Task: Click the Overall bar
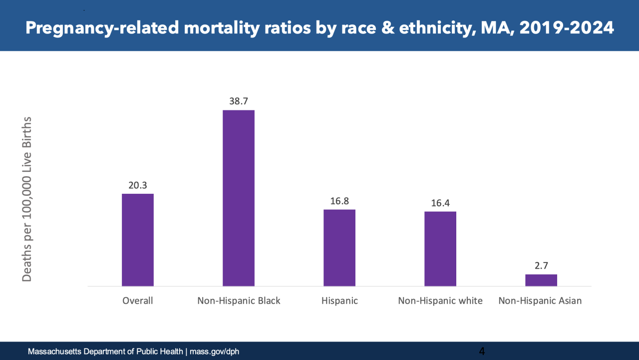138,240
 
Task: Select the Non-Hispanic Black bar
239,198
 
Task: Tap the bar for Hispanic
339,248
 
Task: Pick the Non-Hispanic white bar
440,249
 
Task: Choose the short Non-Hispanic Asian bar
541,280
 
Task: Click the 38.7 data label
239,101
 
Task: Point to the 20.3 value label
138,185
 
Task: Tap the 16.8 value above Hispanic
339,201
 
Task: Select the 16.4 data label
440,203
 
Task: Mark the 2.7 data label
541,266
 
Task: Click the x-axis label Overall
138,301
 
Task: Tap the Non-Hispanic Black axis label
239,301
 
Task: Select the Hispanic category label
339,301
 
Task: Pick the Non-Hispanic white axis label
440,301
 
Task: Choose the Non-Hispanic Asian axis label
540,301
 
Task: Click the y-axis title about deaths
27,199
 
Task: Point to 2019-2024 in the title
567,27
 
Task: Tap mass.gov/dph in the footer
214,352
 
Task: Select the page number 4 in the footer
482,351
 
